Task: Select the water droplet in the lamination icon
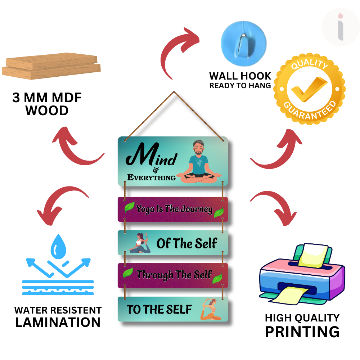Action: [57, 247]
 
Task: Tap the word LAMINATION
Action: [58, 322]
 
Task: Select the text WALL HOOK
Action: [240, 76]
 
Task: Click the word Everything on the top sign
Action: [152, 177]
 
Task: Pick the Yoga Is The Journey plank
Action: [173, 209]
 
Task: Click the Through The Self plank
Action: [173, 275]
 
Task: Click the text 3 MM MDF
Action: [47, 98]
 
